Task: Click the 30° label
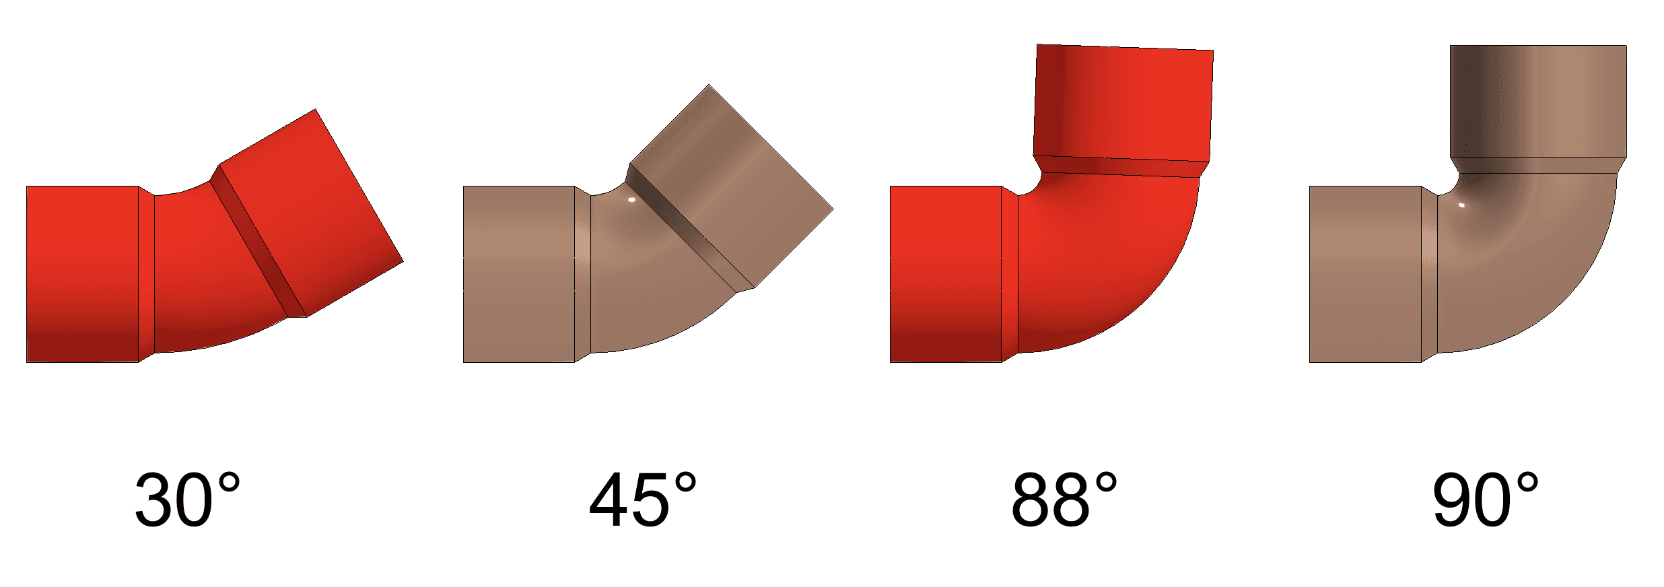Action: click(187, 499)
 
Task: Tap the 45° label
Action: click(643, 499)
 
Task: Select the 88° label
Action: click(1064, 499)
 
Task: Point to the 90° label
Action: click(1485, 499)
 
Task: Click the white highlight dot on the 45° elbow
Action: click(631, 200)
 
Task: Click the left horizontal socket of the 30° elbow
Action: click(82, 274)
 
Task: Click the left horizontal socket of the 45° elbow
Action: click(518, 274)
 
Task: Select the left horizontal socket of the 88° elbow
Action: click(946, 274)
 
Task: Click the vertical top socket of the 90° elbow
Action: click(1538, 101)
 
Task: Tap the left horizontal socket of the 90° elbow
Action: click(1365, 274)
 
